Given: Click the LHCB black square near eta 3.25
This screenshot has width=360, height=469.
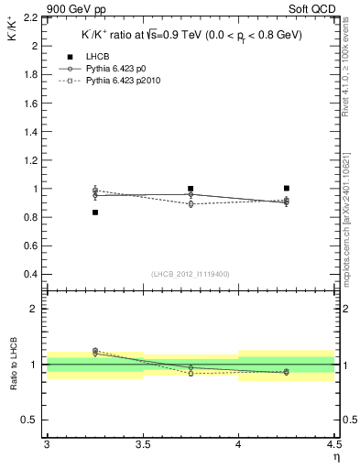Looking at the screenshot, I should tap(94, 213).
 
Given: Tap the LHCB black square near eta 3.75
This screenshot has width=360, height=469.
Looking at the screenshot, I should tap(191, 189).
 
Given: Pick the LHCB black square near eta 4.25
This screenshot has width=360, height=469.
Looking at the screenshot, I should tap(287, 188).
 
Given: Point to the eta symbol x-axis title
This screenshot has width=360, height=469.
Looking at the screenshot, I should tap(336, 457).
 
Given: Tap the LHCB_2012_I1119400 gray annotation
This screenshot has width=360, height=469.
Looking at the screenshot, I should tap(191, 274).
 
